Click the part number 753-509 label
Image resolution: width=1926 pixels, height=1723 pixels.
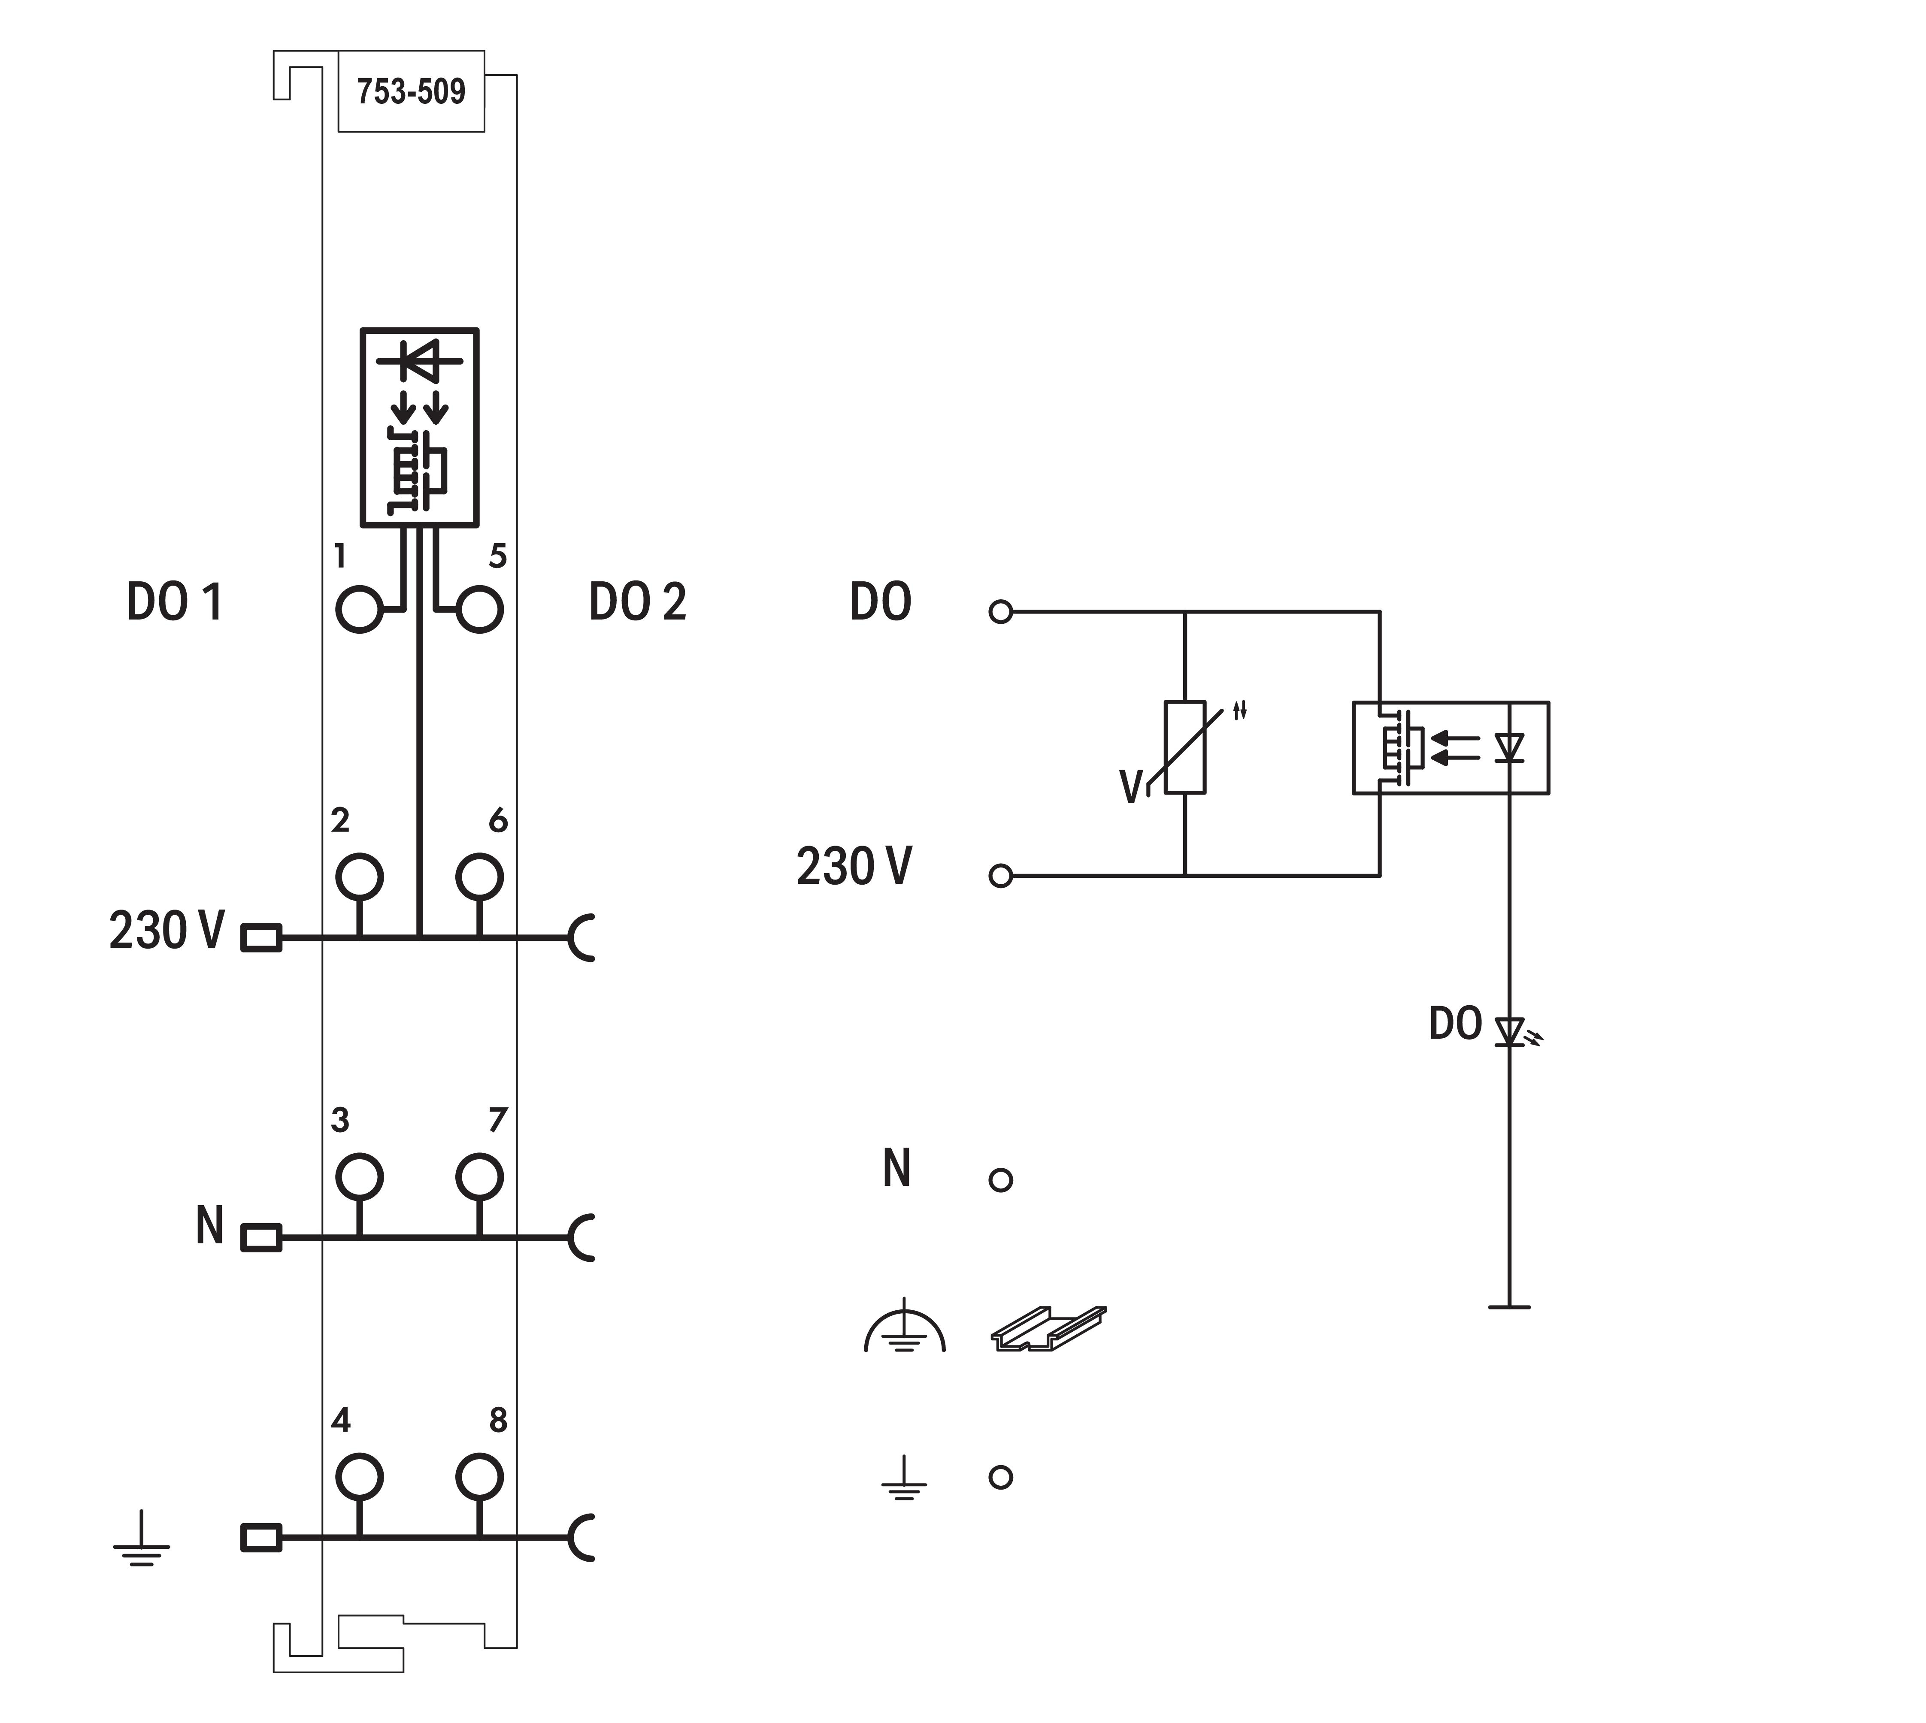[x=411, y=92]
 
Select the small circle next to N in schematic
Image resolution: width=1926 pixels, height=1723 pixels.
[x=1001, y=1179]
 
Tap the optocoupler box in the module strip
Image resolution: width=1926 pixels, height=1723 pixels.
[x=419, y=427]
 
